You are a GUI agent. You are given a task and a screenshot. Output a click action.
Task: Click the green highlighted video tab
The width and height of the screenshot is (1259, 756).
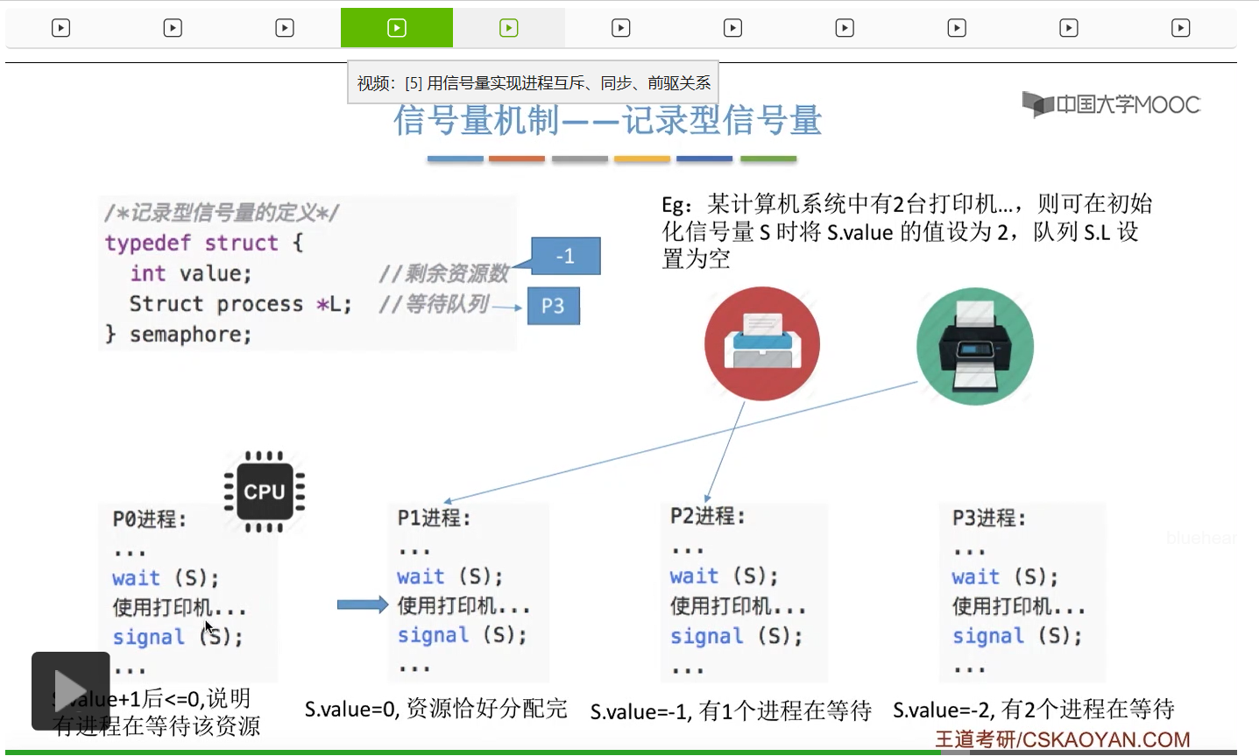(396, 28)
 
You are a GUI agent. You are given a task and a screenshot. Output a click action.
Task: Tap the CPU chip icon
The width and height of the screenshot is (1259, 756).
(264, 491)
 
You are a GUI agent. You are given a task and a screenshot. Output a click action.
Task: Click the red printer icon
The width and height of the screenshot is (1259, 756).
(761, 343)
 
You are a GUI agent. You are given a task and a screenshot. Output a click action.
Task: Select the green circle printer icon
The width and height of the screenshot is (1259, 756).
(974, 346)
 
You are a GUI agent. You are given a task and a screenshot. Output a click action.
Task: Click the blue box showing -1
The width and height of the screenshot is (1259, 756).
(565, 256)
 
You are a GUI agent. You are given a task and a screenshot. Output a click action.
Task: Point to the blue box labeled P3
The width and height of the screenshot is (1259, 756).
(553, 306)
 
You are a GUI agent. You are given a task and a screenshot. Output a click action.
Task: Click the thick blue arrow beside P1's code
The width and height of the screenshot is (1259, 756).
(362, 604)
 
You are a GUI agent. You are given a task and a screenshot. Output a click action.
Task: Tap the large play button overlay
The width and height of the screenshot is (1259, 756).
(71, 690)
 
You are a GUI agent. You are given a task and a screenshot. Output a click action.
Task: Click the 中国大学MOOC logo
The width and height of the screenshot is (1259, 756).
(1111, 105)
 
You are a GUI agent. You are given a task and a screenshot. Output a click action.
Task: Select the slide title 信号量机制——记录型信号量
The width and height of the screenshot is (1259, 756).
(607, 121)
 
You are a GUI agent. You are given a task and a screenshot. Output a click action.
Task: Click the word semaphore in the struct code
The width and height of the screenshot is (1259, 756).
(190, 335)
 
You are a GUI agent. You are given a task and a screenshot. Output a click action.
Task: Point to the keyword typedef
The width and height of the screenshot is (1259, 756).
(147, 243)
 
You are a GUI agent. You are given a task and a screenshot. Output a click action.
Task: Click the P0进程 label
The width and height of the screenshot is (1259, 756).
(149, 519)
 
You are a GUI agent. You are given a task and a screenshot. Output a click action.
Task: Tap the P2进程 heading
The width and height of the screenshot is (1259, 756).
(707, 516)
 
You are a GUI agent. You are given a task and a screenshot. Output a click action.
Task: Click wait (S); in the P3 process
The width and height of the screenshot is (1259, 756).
(1005, 577)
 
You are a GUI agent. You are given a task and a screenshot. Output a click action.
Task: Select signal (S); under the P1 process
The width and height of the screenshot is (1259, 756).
(462, 635)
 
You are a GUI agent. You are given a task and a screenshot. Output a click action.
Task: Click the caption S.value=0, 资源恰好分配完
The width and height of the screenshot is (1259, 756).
(435, 709)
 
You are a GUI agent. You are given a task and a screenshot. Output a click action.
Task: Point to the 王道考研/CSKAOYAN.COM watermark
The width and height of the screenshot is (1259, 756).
(1062, 739)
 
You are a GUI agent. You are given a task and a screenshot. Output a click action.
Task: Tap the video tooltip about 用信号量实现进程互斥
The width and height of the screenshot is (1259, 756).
(533, 83)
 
